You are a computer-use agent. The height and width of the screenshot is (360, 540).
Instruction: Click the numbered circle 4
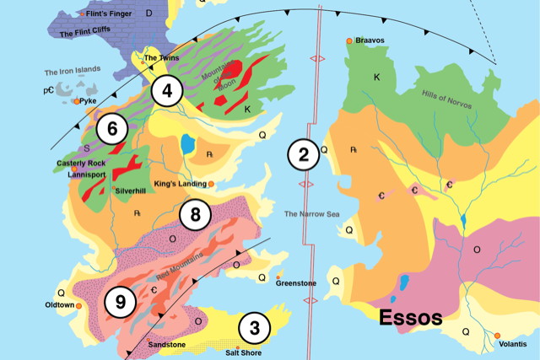[x=168, y=91]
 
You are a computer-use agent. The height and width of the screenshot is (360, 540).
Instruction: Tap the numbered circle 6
[x=112, y=129]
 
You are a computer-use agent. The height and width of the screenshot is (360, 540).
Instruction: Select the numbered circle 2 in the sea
[x=303, y=153]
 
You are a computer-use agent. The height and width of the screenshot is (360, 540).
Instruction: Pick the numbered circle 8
[x=195, y=214]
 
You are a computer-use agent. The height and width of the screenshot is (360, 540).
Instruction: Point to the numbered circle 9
[x=119, y=302]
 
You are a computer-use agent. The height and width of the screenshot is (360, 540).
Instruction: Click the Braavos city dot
[x=349, y=40]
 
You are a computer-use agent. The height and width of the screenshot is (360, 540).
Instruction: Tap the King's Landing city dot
[x=211, y=183]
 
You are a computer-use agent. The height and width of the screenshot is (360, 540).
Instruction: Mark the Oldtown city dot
[x=78, y=305]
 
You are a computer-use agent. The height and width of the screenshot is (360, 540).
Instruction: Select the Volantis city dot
[x=498, y=336]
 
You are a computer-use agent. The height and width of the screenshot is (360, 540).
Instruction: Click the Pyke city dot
[x=77, y=100]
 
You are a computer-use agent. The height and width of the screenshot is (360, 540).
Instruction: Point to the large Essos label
[x=410, y=319]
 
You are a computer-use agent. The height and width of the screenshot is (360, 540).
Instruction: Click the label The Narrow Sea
[x=310, y=213]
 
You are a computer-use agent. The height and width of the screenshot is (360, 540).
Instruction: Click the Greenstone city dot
[x=278, y=277]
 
